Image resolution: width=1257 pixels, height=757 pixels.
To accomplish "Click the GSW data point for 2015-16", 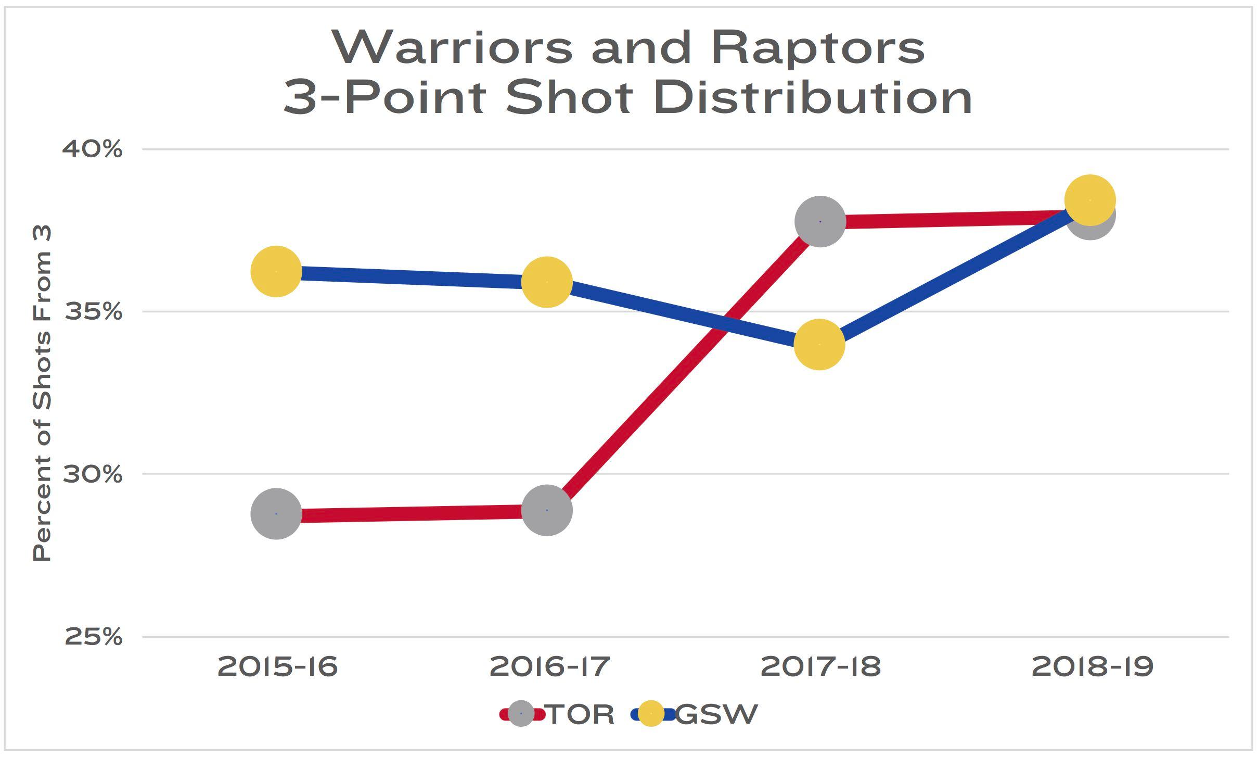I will [x=276, y=271].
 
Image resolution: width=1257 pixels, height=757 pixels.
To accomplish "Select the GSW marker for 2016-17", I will [x=547, y=282].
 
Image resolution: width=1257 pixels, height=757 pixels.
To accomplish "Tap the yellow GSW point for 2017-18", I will [x=819, y=344].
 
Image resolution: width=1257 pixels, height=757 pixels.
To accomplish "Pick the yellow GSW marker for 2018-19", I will [x=1089, y=199].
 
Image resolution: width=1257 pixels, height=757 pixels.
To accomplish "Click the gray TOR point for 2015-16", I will [x=276, y=514].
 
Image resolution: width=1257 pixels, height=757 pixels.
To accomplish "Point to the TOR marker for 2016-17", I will [x=547, y=510].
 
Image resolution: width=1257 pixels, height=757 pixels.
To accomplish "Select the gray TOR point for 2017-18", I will [x=820, y=221].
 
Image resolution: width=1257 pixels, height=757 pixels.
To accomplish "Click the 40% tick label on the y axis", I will [x=93, y=149].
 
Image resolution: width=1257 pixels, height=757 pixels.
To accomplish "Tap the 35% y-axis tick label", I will [x=93, y=312].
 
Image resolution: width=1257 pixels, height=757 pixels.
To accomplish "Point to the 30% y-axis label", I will [x=93, y=474].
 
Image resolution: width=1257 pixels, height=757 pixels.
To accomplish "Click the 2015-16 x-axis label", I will [x=278, y=667].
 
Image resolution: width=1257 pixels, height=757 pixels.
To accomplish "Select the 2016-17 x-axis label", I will [x=549, y=667].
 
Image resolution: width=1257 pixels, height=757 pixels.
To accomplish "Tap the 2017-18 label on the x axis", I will [x=820, y=667].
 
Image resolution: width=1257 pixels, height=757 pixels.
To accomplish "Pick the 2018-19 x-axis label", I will [x=1093, y=667].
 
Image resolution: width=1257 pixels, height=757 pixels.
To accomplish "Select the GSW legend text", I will [x=716, y=714].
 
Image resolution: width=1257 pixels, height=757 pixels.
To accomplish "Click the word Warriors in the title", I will [x=453, y=48].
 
